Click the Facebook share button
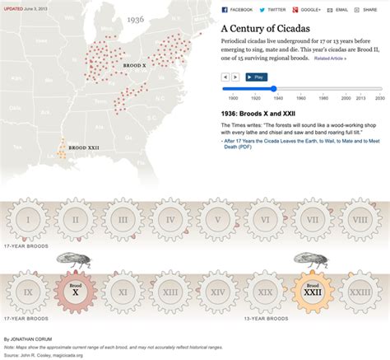[238, 10]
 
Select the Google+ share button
[308, 10]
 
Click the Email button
[339, 10]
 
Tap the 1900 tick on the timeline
[233, 97]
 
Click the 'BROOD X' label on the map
[131, 63]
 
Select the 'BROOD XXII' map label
[83, 147]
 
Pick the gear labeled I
[29, 220]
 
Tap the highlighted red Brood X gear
[75, 290]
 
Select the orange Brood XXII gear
[312, 290]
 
